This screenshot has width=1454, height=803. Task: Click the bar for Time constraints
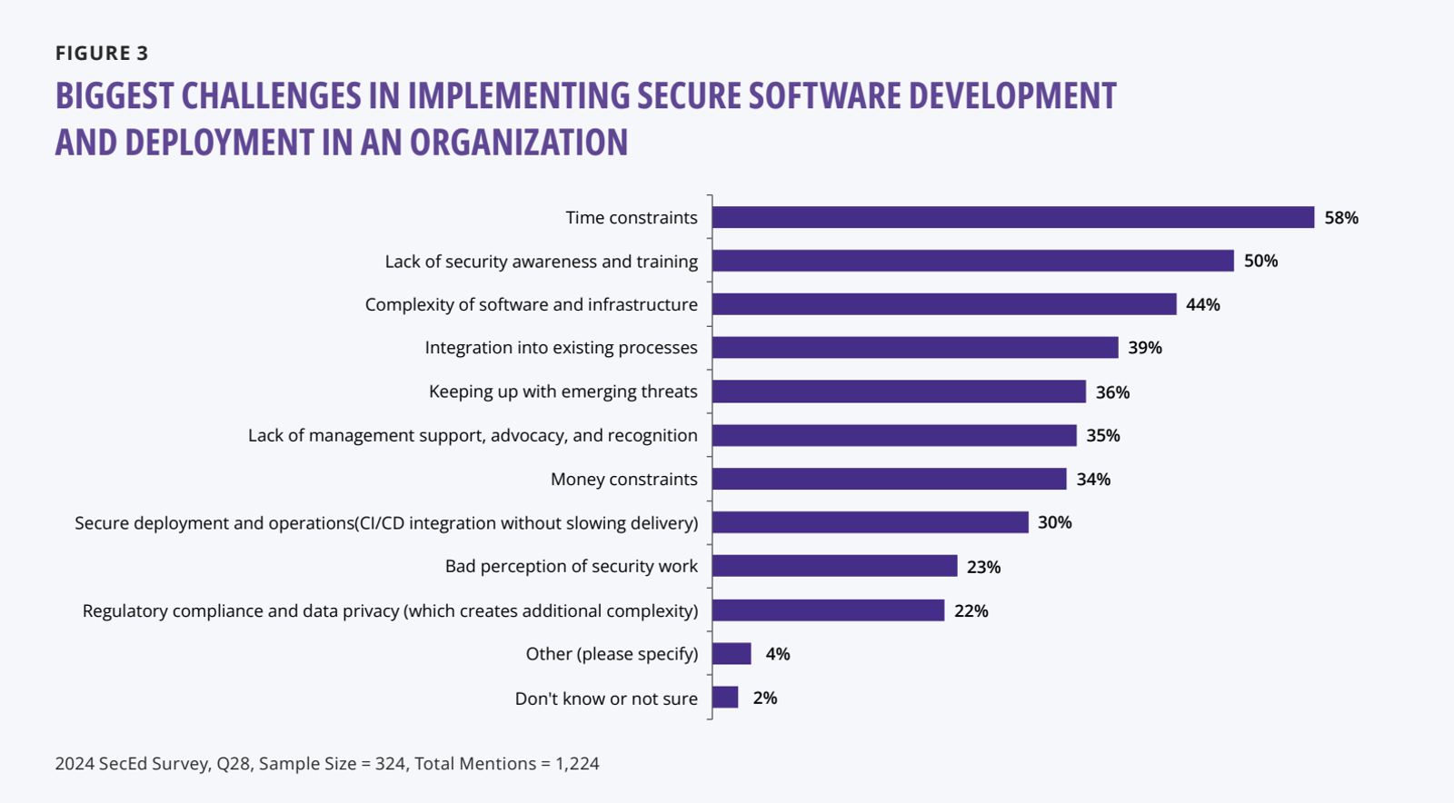pyautogui.click(x=1013, y=217)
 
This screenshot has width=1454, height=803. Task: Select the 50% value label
pyautogui.click(x=1260, y=261)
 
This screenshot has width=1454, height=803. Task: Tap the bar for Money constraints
pyautogui.click(x=890, y=479)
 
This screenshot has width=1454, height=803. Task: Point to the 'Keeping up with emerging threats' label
pyautogui.click(x=563, y=392)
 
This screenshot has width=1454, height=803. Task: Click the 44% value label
pyautogui.click(x=1203, y=304)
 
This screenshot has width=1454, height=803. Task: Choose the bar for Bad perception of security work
pyautogui.click(x=835, y=566)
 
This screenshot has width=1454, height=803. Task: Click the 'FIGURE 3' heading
pyautogui.click(x=102, y=54)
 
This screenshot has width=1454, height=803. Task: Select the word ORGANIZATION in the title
pyautogui.click(x=519, y=142)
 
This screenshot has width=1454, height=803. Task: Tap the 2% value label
pyautogui.click(x=764, y=698)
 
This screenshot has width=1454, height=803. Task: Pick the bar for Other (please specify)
pyautogui.click(x=732, y=653)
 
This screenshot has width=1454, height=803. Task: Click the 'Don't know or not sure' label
pyautogui.click(x=606, y=699)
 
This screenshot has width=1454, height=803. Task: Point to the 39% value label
pyautogui.click(x=1145, y=348)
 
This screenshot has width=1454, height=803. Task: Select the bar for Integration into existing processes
pyautogui.click(x=915, y=347)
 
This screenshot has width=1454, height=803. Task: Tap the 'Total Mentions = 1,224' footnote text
pyautogui.click(x=507, y=763)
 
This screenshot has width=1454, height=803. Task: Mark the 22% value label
pyautogui.click(x=971, y=611)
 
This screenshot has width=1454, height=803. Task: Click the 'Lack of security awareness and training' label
pyautogui.click(x=542, y=262)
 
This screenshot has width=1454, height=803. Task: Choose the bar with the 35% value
pyautogui.click(x=894, y=435)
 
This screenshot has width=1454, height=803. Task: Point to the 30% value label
pyautogui.click(x=1055, y=522)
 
